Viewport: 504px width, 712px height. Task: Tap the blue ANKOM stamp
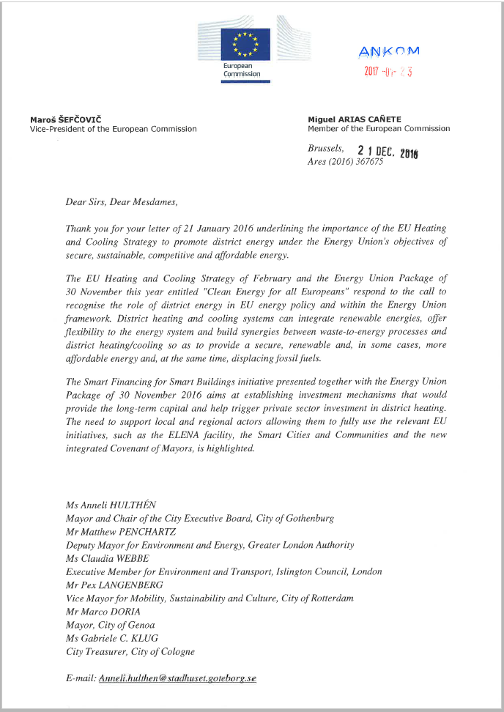pyautogui.click(x=389, y=51)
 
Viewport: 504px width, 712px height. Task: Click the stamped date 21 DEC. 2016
pyautogui.click(x=387, y=151)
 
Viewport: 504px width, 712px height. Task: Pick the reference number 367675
pyautogui.click(x=368, y=162)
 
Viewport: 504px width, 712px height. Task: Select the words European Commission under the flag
pyautogui.click(x=242, y=70)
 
